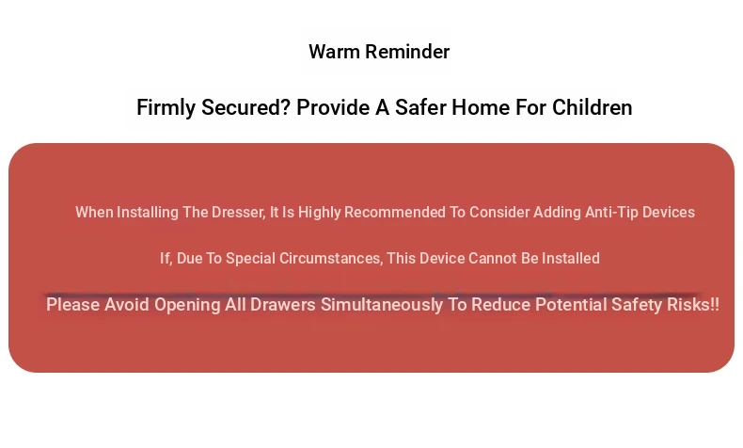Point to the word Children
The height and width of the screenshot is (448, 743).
593,107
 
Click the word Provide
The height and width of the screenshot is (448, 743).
333,107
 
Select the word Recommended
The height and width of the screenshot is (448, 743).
395,213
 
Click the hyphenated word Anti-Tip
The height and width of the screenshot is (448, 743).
611,213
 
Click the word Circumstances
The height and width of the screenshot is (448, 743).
331,259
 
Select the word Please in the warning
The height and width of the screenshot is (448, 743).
73,304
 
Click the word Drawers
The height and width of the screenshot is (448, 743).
283,304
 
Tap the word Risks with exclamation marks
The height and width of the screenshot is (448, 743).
693,304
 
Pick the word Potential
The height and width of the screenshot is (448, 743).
571,304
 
